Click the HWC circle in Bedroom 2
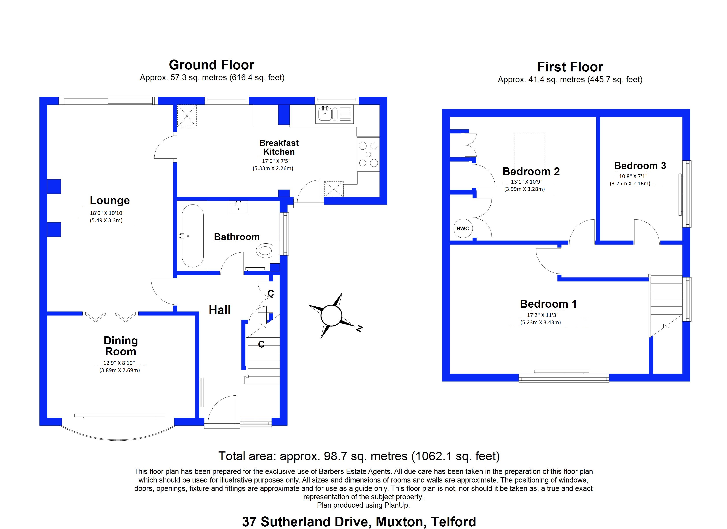463,228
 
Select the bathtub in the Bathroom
193,236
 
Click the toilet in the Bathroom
266,250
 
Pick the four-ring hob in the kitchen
368,154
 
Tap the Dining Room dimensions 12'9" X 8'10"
119,363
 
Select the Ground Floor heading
211,65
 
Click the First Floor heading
570,67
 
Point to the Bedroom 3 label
640,166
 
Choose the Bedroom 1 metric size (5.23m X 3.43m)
540,322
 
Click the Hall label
220,310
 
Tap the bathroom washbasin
238,208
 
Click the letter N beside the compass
359,328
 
